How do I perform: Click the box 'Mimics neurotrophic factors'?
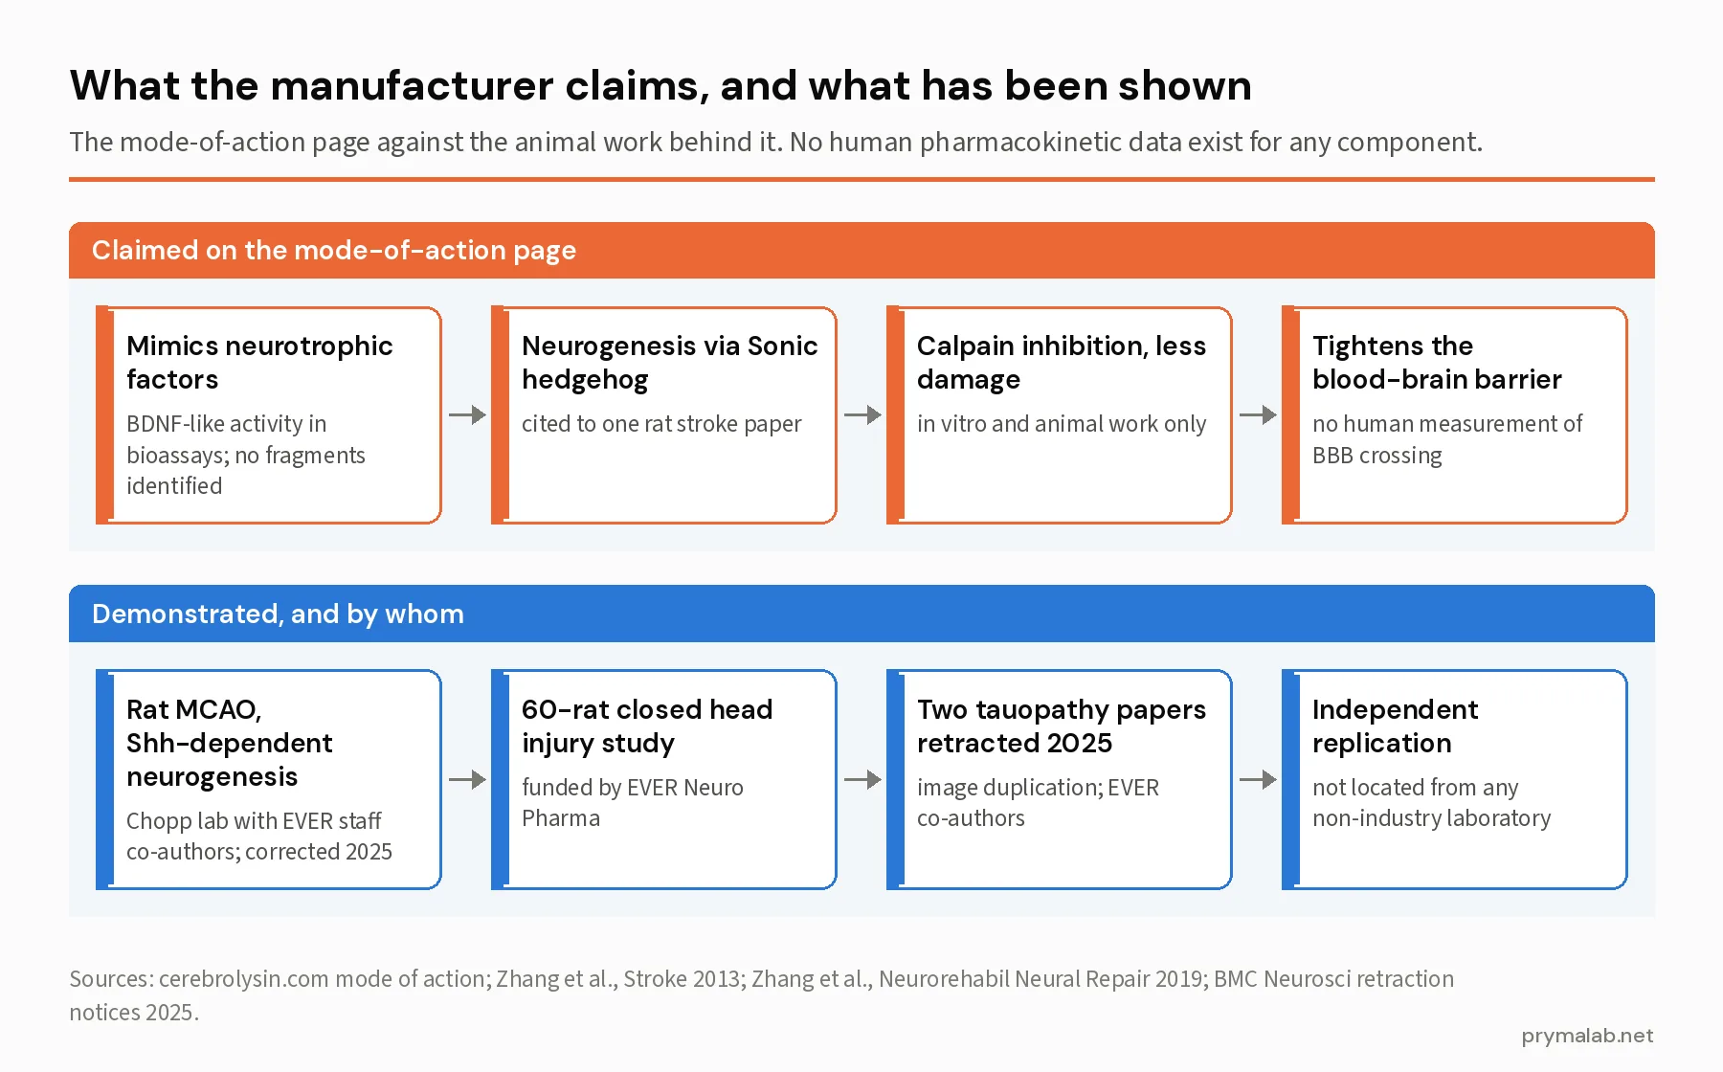[x=269, y=415]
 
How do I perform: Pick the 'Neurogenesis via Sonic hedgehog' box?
[x=664, y=415]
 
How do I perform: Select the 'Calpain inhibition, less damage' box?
[x=1060, y=415]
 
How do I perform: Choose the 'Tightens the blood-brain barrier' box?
[x=1455, y=415]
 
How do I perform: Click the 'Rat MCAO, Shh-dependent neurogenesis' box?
[x=269, y=779]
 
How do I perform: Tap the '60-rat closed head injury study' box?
[x=664, y=779]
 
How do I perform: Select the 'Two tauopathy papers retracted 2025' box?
[x=1060, y=779]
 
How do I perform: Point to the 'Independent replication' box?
[x=1455, y=779]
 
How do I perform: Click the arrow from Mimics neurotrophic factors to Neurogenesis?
[x=467, y=415]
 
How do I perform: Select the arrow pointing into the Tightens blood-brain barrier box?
[x=1258, y=415]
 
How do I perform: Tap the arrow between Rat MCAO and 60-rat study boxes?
[x=467, y=779]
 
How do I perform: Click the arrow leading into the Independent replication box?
[x=1258, y=779]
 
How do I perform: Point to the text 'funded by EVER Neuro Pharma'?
[x=633, y=803]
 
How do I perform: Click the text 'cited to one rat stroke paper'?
[x=661, y=424]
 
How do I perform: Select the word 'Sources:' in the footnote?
[x=111, y=979]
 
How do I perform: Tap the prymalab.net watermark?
[x=1587, y=1036]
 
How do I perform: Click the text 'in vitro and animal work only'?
[x=1062, y=424]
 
